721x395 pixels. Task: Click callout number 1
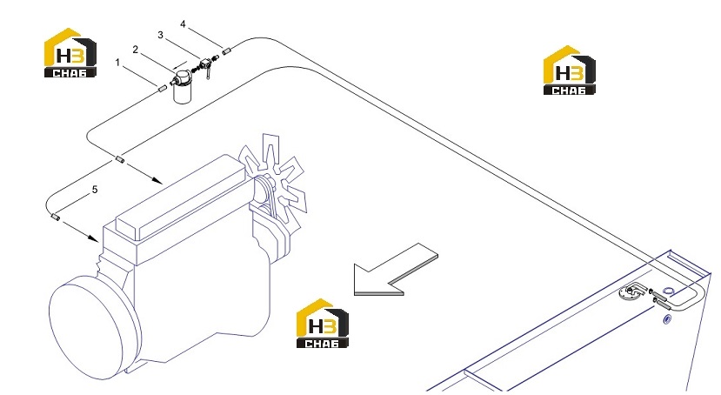click(x=117, y=62)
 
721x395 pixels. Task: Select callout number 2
click(x=135, y=50)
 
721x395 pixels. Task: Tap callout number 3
click(x=161, y=35)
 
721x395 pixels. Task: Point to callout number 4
click(x=183, y=23)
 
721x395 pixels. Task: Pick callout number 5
click(x=95, y=190)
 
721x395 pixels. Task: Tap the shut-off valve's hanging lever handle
click(x=208, y=72)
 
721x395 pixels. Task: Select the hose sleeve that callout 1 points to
click(x=162, y=89)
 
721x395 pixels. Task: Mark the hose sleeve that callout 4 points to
click(x=226, y=51)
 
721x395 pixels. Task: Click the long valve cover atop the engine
click(x=181, y=197)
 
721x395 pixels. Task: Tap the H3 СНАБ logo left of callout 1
click(x=70, y=52)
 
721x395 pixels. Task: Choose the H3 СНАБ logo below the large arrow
click(x=323, y=324)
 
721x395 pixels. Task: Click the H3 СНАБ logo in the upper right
click(x=570, y=70)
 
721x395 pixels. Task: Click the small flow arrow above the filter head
click(x=181, y=65)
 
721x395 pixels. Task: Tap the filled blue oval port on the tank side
click(x=667, y=318)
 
